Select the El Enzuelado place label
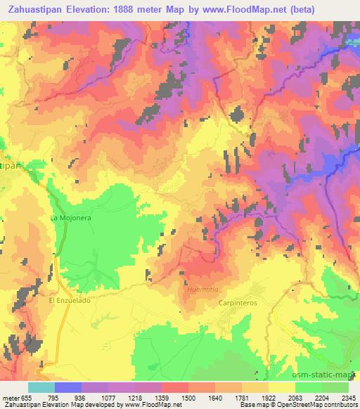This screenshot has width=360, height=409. tap(70, 300)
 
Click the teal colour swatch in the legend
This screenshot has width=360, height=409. tap(41, 388)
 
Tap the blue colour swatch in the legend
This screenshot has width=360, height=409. tap(67, 388)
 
